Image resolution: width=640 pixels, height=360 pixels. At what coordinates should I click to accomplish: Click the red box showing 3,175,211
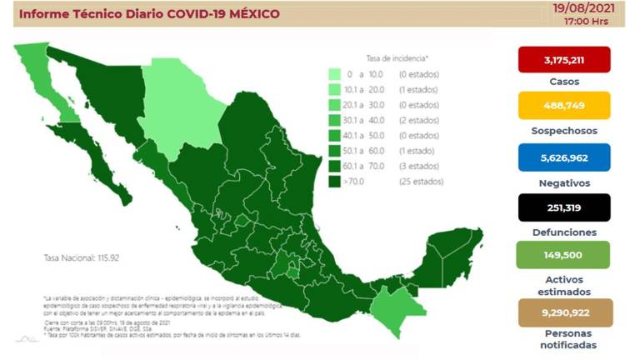point(564,59)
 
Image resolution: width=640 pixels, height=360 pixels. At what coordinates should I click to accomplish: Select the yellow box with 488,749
point(564,106)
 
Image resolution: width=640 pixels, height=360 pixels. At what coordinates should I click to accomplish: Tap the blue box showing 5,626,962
point(564,157)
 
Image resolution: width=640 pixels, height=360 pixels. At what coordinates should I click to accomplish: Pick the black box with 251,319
point(564,207)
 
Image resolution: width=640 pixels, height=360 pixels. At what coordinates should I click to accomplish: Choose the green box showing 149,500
point(564,255)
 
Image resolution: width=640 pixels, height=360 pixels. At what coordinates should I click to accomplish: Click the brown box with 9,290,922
point(564,312)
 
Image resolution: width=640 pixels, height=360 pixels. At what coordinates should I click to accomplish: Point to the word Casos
point(564,82)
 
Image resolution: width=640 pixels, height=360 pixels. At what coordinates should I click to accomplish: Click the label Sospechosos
point(564,132)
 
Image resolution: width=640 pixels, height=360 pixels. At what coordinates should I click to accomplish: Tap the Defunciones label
point(564,232)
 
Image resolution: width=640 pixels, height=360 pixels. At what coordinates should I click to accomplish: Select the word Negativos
point(564,182)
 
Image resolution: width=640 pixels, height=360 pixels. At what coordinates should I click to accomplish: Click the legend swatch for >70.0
point(333,181)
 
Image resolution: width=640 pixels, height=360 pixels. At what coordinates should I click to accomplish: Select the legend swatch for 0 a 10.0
point(333,75)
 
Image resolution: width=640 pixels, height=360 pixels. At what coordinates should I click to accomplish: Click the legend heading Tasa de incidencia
point(397,58)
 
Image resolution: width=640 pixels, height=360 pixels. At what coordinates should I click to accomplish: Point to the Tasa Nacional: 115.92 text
point(81,258)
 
